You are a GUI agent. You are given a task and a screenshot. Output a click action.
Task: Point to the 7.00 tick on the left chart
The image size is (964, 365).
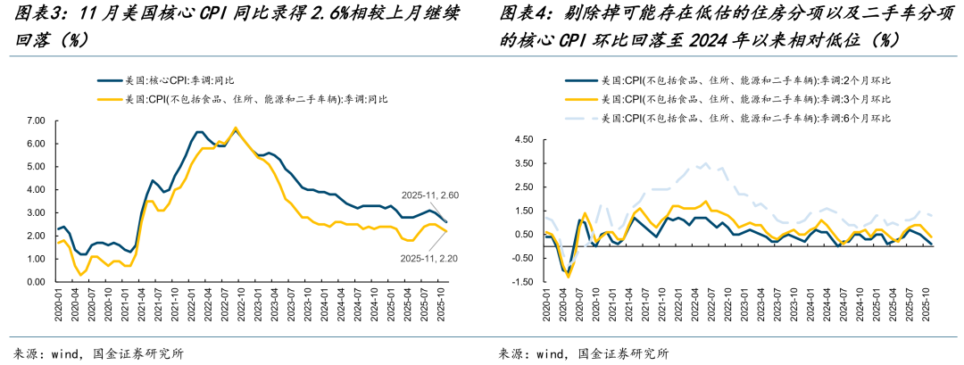36,120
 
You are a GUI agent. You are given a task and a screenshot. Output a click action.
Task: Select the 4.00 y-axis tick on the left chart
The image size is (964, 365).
36,189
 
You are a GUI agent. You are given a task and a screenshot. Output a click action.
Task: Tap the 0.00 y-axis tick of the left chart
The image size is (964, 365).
36,282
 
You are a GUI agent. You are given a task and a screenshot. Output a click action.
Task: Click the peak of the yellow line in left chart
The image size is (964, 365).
236,128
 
